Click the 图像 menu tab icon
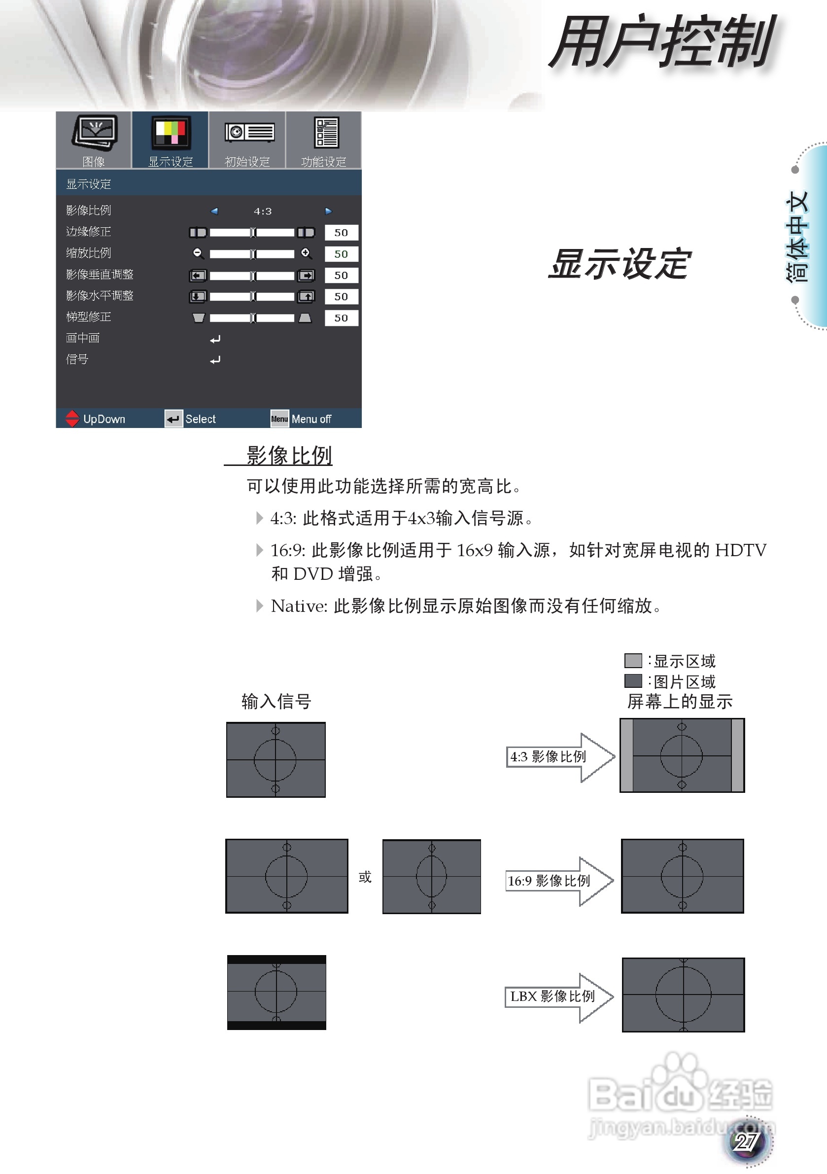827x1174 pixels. [x=94, y=134]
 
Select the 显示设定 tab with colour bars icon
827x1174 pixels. [x=170, y=134]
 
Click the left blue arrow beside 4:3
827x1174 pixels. [x=214, y=211]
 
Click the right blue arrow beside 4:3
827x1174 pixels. [x=328, y=211]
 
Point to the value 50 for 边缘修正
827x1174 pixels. [x=341, y=233]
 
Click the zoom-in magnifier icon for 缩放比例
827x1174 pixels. [x=306, y=253]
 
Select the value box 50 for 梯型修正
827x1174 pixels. [x=341, y=318]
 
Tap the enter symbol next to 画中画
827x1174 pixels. [x=215, y=339]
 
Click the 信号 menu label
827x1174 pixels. [x=77, y=359]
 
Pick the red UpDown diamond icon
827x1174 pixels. [x=72, y=419]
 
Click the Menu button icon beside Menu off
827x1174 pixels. [x=279, y=419]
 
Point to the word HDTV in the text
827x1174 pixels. [x=740, y=551]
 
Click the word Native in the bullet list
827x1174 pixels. [x=299, y=606]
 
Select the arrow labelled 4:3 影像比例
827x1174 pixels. [x=559, y=757]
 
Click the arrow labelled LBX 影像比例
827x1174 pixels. [x=558, y=996]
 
